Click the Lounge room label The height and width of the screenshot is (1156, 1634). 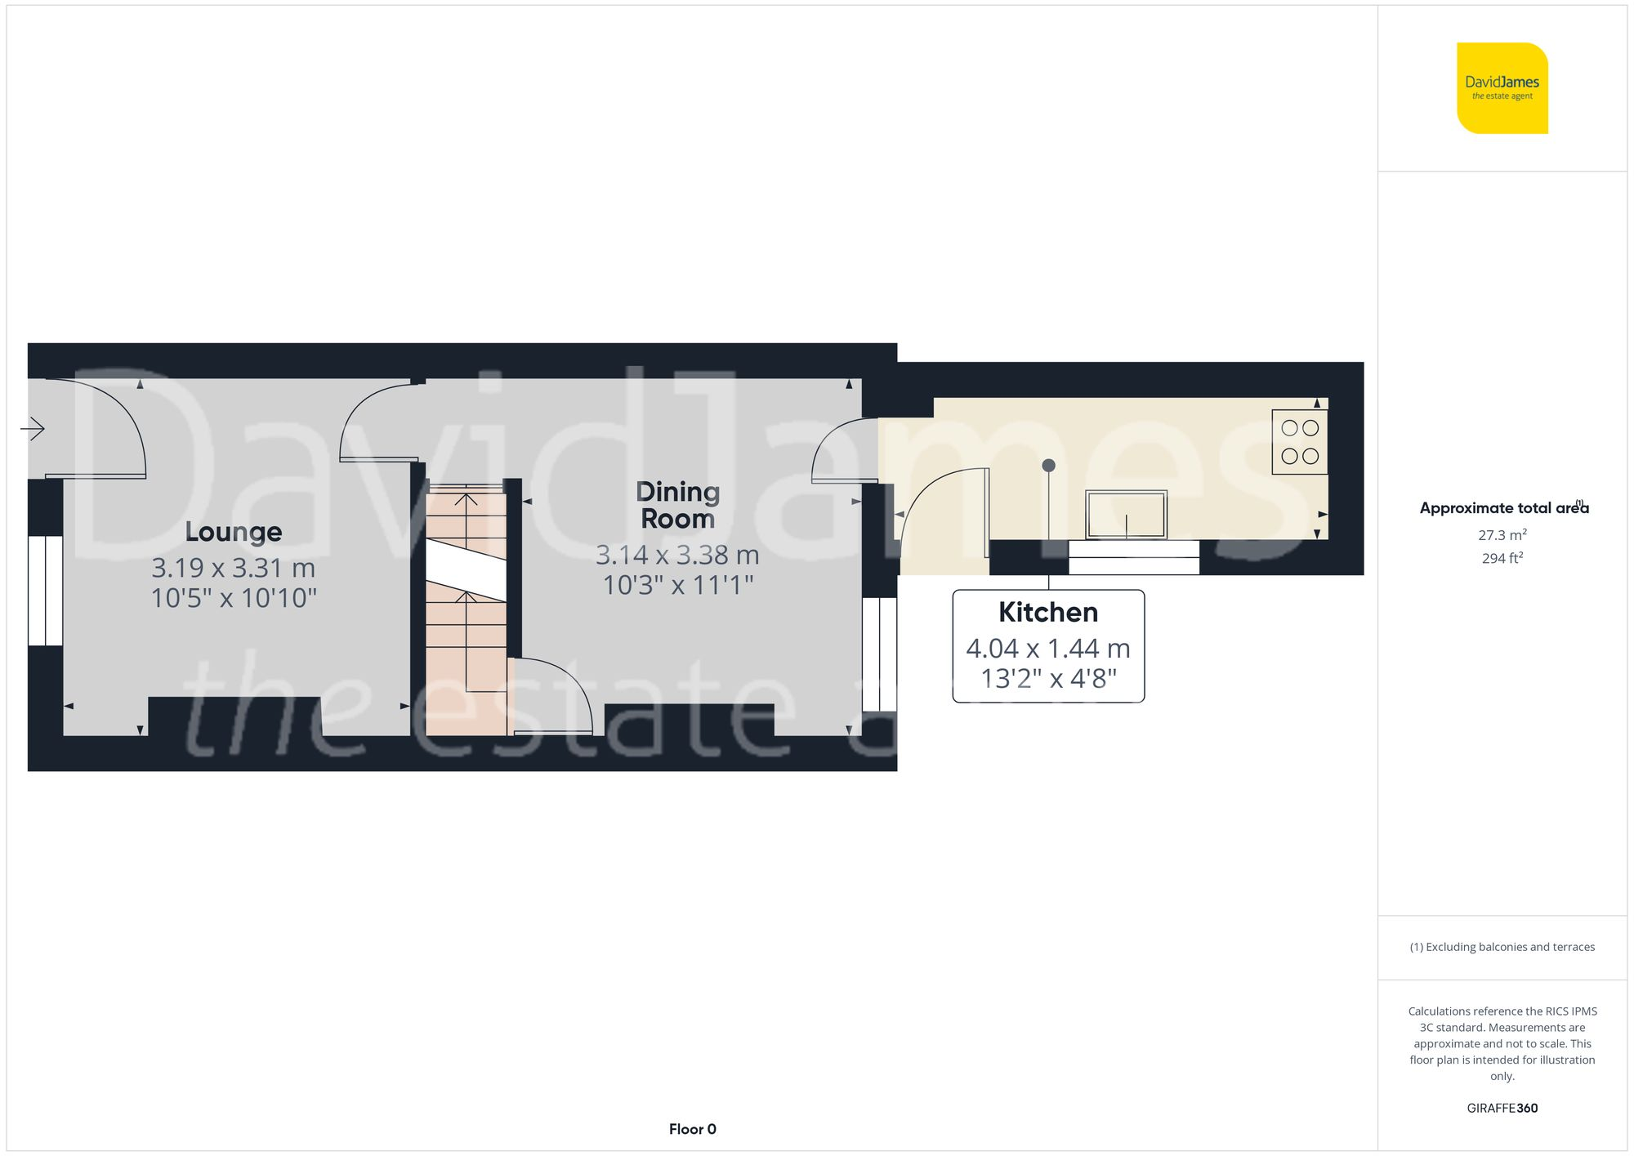[x=234, y=532]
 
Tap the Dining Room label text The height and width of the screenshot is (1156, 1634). [x=677, y=505]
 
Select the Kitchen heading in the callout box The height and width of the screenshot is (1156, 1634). [x=1048, y=613]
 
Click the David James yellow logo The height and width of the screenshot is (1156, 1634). [x=1502, y=88]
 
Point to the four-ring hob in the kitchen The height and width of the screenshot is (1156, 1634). [x=1299, y=442]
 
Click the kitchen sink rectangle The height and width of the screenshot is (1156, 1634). [x=1126, y=514]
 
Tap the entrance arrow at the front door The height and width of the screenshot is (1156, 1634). [x=33, y=428]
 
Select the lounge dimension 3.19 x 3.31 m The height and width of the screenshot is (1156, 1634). [x=234, y=568]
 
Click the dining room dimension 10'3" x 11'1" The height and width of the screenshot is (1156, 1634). [x=677, y=585]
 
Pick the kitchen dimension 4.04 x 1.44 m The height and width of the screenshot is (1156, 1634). [x=1048, y=649]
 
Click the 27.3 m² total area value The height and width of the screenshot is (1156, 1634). [x=1502, y=535]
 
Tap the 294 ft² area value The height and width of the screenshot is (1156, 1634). [x=1502, y=559]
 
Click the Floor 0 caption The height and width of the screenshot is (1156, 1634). [x=692, y=1129]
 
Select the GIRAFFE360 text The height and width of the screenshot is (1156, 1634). [x=1502, y=1109]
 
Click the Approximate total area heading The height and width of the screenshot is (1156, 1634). [x=1503, y=508]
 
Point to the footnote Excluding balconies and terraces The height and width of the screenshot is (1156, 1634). [x=1502, y=947]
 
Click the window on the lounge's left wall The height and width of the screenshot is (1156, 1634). [x=46, y=591]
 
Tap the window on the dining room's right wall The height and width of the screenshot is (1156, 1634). [x=880, y=654]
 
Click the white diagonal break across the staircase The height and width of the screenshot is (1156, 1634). [x=466, y=569]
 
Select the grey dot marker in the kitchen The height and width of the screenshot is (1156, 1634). [x=1049, y=466]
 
